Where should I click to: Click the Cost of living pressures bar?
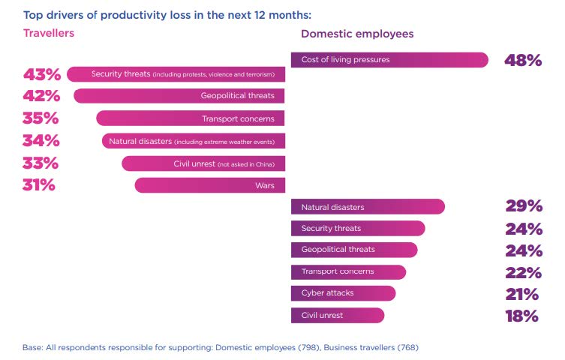[x=389, y=60]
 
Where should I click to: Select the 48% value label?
[x=523, y=61]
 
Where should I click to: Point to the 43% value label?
[x=42, y=74]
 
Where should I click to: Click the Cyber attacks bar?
[x=343, y=293]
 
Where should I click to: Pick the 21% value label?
[x=523, y=294]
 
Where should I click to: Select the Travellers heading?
[x=49, y=33]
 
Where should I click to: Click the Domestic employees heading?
[x=357, y=34]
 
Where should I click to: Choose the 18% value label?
[x=522, y=316]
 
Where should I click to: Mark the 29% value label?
[x=524, y=206]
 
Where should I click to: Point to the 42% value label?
[x=42, y=96]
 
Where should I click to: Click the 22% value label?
[x=523, y=272]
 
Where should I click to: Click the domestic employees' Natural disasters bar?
[x=368, y=206]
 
